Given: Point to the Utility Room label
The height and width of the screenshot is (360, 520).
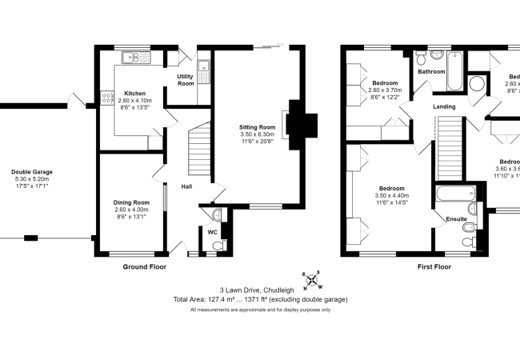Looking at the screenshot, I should [x=186, y=80].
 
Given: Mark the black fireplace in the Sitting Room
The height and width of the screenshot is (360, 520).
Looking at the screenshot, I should [x=304, y=124].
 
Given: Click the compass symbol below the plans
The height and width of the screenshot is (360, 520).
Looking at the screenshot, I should [x=312, y=280].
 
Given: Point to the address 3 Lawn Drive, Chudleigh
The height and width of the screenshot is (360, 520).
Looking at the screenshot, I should [x=260, y=290].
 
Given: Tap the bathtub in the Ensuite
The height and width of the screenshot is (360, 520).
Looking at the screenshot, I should [x=456, y=194].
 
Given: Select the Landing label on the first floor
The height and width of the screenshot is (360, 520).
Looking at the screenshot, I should [x=444, y=106].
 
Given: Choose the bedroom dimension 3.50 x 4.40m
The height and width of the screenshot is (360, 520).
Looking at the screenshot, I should [x=393, y=195].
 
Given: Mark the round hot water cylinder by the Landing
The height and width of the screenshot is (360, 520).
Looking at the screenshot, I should [x=478, y=85].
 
